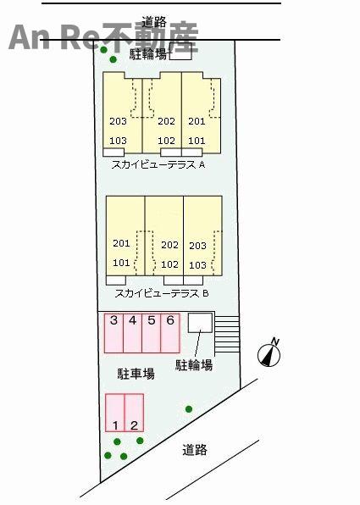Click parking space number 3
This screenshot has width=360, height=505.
[x=114, y=333]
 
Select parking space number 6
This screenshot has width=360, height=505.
[x=170, y=333]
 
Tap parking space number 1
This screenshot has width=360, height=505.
[x=115, y=413]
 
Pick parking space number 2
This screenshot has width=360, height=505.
[x=134, y=413]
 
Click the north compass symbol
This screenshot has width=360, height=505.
[x=269, y=353]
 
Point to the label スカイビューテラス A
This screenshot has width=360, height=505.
[x=158, y=165]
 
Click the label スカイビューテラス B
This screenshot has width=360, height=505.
[x=162, y=293]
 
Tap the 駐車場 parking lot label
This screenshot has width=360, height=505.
[x=136, y=374]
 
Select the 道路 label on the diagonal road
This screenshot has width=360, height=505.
[x=195, y=450]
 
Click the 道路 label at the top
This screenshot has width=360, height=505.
[x=154, y=22]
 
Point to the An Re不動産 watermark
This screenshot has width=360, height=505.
[x=103, y=37]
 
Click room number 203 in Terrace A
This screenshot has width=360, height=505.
[x=119, y=121]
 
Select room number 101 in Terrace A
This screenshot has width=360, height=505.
[x=197, y=141]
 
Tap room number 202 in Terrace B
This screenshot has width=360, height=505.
[x=169, y=245]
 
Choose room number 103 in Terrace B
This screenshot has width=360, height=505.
[x=197, y=265]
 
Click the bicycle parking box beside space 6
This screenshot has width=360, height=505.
[x=200, y=323]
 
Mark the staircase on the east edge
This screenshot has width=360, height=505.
[x=227, y=334]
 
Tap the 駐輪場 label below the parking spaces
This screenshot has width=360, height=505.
[x=194, y=365]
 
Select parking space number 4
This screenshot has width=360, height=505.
[x=133, y=333]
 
